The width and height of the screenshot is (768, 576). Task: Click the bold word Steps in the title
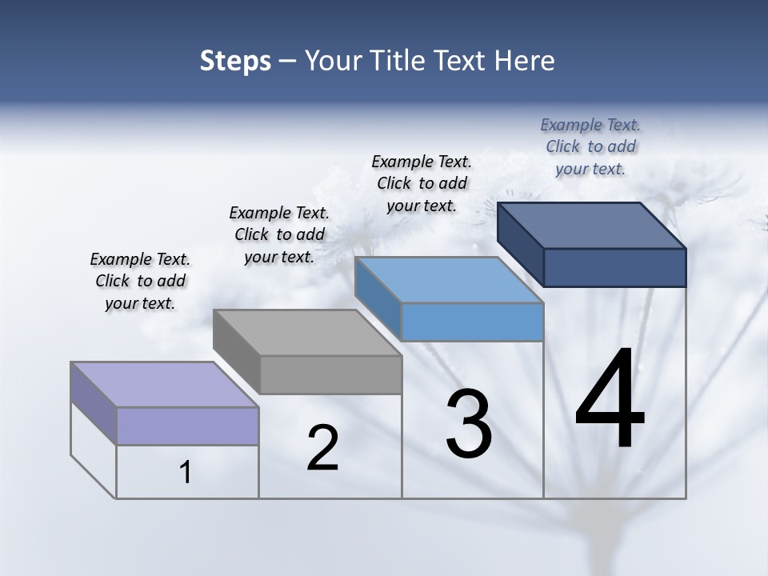coord(235,61)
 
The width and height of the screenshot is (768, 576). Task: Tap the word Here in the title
coord(523,61)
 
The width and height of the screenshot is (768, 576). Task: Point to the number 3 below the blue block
coord(468,424)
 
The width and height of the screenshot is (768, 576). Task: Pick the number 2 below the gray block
coord(322,448)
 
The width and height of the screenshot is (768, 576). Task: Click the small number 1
coord(186,473)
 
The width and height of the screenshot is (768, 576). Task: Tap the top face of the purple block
coord(164,385)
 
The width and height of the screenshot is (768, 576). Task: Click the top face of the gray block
coord(307,333)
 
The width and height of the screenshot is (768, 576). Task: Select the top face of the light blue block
coord(449,280)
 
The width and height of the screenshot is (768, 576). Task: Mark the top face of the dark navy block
coord(591,226)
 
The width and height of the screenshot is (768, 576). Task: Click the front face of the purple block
coord(187,426)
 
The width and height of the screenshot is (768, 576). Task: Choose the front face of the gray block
coord(330,374)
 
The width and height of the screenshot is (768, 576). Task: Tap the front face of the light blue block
coord(472,322)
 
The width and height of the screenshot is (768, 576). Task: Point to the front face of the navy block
coord(614,267)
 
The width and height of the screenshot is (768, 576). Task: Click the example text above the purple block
coord(140,281)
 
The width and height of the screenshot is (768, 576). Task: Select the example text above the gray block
coord(279,234)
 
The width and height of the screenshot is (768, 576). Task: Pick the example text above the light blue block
coord(422,183)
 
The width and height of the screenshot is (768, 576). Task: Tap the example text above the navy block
coord(590,146)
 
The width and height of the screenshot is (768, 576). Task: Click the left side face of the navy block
coord(521,243)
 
